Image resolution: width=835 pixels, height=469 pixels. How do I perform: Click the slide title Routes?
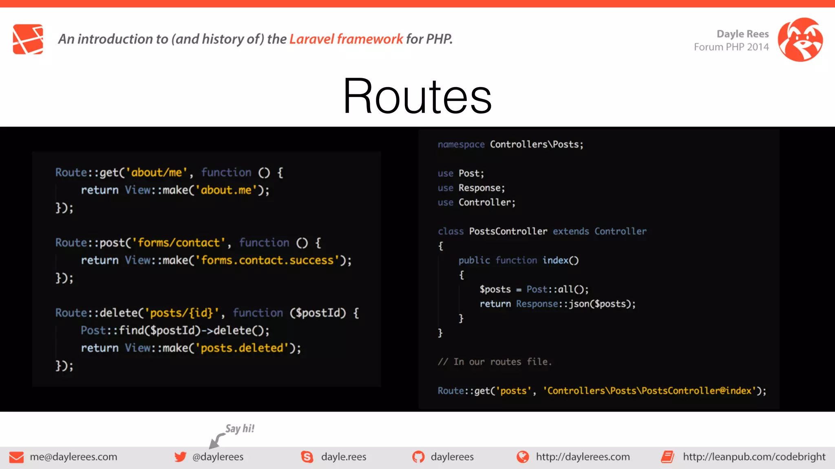[417, 96]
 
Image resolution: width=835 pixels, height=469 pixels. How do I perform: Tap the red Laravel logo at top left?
[28, 39]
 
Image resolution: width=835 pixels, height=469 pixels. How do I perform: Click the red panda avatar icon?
[800, 39]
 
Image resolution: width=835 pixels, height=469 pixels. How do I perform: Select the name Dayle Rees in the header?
[742, 34]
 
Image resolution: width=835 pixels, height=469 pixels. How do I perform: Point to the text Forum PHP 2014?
[731, 47]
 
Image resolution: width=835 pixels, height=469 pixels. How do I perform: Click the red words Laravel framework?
[346, 39]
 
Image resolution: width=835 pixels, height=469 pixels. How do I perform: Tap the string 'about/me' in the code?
[157, 173]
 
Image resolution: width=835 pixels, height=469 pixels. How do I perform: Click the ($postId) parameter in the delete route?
[318, 313]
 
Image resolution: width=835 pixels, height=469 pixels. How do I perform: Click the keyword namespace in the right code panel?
[461, 145]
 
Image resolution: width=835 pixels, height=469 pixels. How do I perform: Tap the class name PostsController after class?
[508, 231]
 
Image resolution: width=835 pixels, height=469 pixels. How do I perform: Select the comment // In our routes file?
[495, 362]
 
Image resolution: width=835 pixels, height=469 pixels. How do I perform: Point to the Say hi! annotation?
[240, 429]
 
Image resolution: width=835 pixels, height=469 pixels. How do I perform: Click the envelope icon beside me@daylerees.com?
[16, 457]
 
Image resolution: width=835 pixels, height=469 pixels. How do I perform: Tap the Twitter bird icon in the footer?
[180, 457]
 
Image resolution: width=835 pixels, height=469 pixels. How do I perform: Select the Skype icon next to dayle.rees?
[307, 457]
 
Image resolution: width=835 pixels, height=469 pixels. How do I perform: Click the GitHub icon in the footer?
[418, 457]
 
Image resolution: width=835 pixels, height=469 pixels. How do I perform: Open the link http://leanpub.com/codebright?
[754, 457]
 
